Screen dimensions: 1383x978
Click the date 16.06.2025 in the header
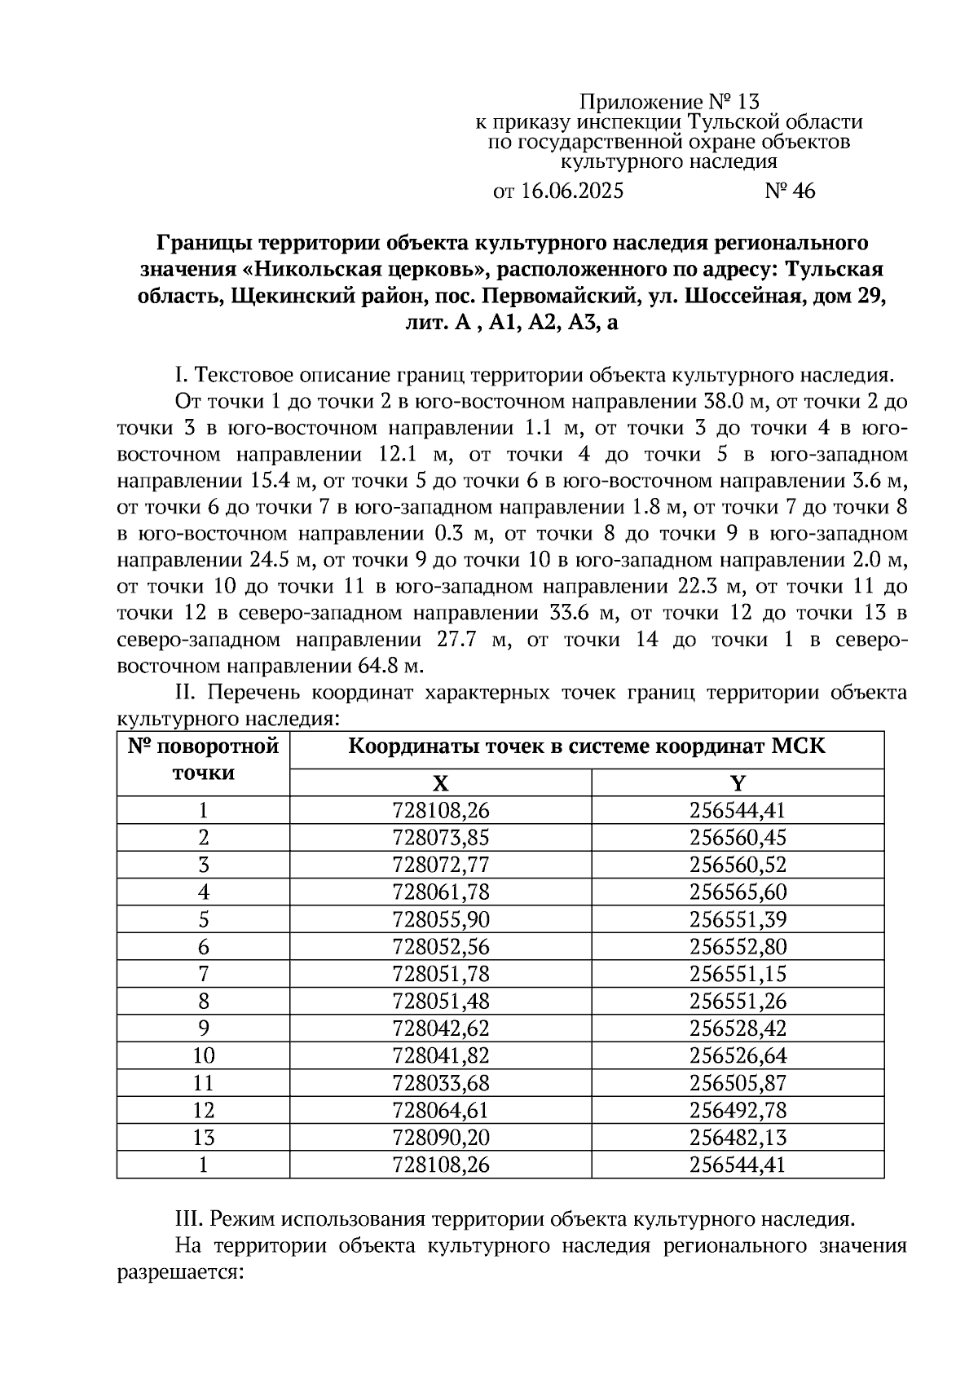pyautogui.click(x=571, y=192)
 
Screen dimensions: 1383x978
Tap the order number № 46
pyautogui.click(x=789, y=192)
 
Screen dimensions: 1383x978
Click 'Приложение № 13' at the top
pyautogui.click(x=668, y=102)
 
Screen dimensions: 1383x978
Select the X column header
pyautogui.click(x=440, y=783)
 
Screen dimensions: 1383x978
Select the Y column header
pyautogui.click(x=738, y=783)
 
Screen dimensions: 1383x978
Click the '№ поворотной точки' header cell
pyautogui.click(x=203, y=760)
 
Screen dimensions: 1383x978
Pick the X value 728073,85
pyautogui.click(x=440, y=837)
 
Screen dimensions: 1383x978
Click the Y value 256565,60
pyautogui.click(x=738, y=892)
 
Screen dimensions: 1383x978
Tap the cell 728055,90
pyautogui.click(x=440, y=919)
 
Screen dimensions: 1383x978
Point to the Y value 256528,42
pyautogui.click(x=738, y=1028)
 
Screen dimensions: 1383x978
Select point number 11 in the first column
pyautogui.click(x=203, y=1082)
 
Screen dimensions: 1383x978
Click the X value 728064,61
pyautogui.click(x=440, y=1110)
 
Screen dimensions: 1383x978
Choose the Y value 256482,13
pyautogui.click(x=738, y=1137)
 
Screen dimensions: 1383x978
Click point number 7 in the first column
pyautogui.click(x=203, y=973)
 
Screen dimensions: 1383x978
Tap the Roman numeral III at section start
pyautogui.click(x=188, y=1219)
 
